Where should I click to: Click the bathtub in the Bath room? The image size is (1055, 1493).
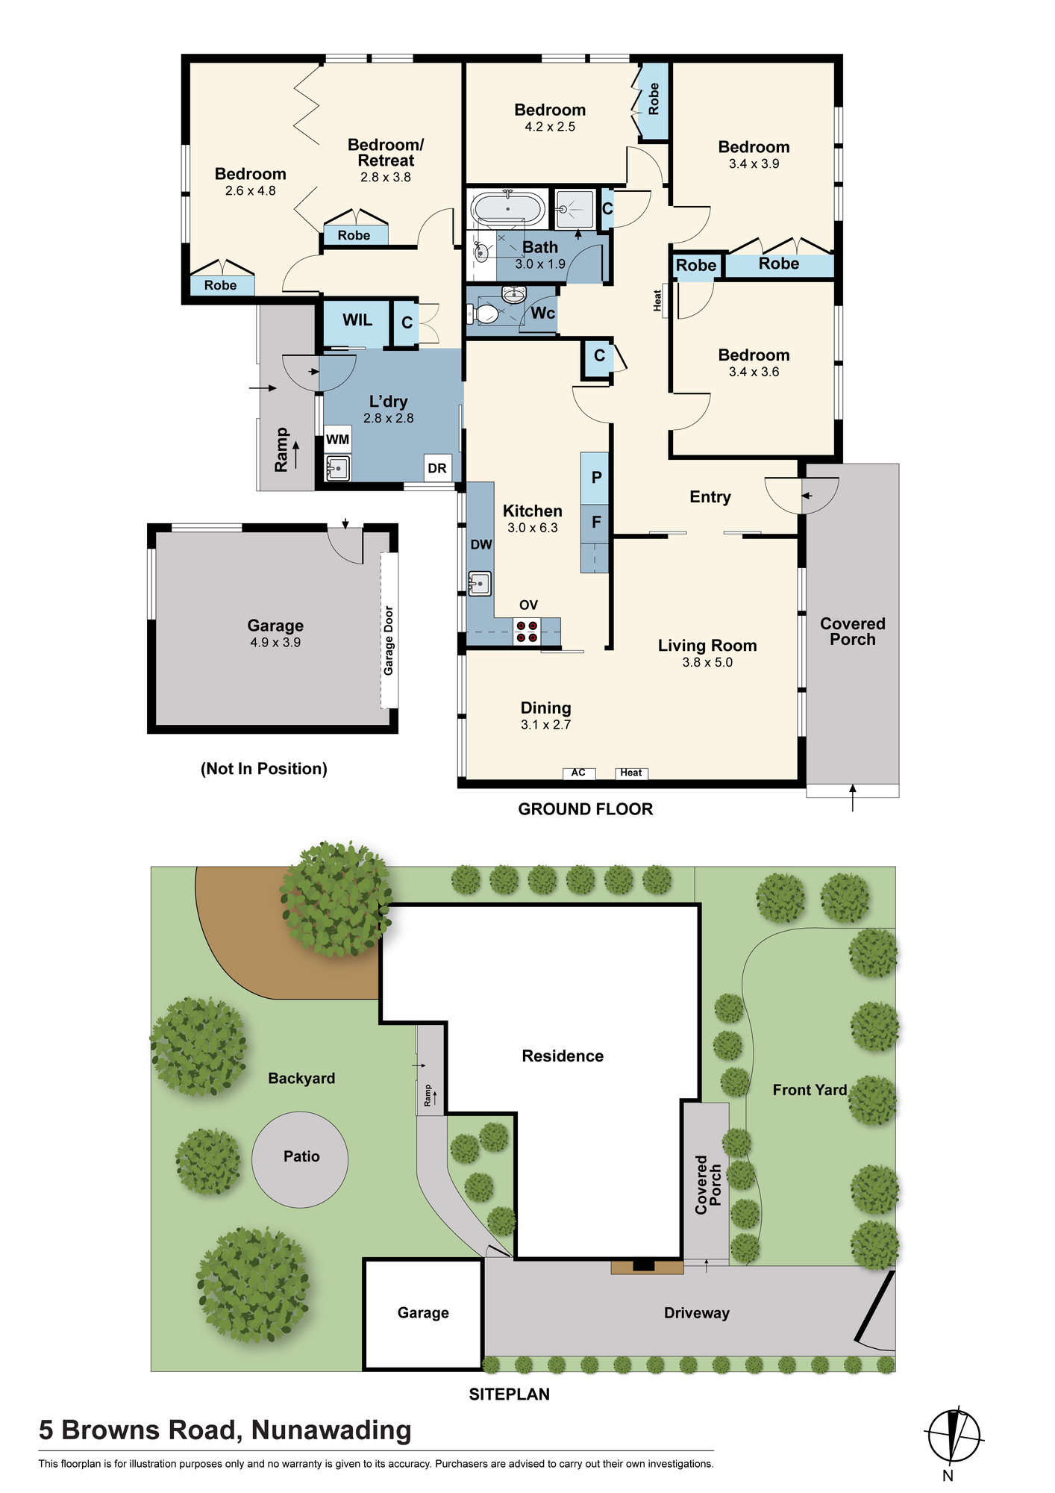[507, 209]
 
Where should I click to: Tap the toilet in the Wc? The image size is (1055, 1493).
[486, 313]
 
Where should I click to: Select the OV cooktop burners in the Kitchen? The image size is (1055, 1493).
[527, 632]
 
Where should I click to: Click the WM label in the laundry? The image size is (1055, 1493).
[337, 440]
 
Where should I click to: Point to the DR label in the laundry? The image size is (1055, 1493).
[437, 468]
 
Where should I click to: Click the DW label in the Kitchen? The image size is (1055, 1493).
[481, 545]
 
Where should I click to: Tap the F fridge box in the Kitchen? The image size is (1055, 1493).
[595, 521]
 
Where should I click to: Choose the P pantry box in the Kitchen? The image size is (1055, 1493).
[595, 478]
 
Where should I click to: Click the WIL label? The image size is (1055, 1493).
[357, 320]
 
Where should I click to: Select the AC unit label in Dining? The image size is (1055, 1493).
[579, 773]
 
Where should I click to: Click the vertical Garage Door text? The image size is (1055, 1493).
[389, 640]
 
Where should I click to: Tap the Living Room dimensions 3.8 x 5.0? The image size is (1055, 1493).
[707, 662]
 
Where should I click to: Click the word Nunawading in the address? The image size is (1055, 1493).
[331, 1430]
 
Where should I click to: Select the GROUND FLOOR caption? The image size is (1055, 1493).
[586, 809]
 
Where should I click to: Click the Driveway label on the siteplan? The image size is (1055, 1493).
[697, 1313]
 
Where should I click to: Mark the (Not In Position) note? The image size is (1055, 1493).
[264, 769]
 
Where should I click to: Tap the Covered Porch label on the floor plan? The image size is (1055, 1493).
[853, 632]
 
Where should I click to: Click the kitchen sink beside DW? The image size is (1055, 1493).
[479, 583]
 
